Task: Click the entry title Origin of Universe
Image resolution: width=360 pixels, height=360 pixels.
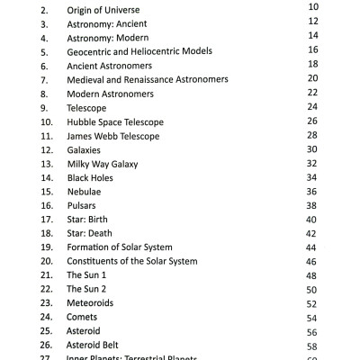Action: (x=104, y=10)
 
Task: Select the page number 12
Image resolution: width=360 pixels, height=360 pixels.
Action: (x=313, y=21)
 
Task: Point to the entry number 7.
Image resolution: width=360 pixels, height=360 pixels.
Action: (x=43, y=79)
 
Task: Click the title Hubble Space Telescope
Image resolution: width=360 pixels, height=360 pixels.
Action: (x=114, y=121)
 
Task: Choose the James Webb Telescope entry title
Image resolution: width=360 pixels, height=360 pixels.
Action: (x=112, y=136)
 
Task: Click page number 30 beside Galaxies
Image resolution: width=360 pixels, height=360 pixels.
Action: (x=313, y=149)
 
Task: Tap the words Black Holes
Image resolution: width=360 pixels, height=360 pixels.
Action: (x=90, y=177)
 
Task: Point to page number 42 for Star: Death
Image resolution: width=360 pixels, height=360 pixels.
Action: (x=311, y=234)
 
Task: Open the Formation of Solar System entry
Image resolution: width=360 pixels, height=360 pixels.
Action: (x=120, y=247)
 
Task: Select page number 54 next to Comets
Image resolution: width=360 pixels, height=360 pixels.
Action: (x=311, y=319)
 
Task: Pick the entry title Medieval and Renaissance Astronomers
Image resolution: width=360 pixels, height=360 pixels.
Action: (x=148, y=79)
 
